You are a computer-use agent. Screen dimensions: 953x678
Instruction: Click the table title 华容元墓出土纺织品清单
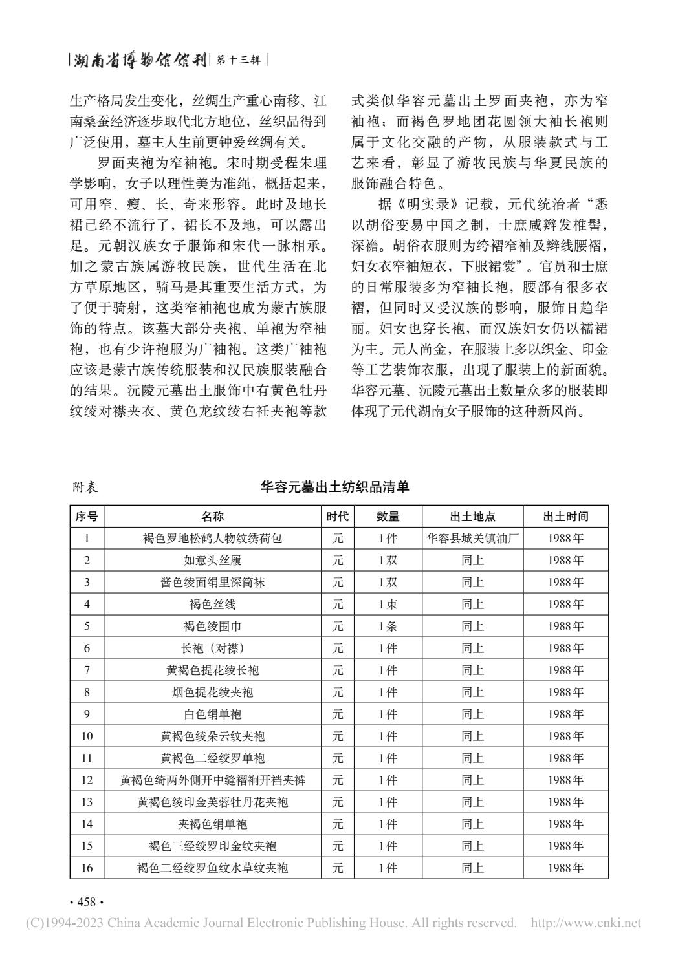334,487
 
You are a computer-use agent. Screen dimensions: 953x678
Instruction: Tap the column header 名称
212,517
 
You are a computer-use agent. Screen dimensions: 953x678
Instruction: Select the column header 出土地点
472,517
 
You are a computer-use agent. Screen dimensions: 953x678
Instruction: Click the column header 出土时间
565,517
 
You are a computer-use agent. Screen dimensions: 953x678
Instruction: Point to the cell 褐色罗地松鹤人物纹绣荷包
212,539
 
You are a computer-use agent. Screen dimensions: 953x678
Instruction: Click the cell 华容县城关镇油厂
472,539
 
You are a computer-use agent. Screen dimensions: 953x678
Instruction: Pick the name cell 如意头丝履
212,561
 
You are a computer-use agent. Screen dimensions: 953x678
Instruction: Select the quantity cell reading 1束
388,605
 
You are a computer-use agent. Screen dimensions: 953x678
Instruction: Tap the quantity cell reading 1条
388,626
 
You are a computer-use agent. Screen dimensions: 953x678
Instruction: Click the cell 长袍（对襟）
212,648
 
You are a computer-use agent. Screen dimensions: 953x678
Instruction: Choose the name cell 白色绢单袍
212,714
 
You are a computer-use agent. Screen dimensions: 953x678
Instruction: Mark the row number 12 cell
87,780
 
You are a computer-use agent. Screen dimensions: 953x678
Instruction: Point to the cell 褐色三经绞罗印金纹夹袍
212,846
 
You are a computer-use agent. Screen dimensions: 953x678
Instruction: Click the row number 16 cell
87,868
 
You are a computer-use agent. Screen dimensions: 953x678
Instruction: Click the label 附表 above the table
85,487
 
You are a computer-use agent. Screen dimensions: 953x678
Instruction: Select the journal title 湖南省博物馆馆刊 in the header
139,61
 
